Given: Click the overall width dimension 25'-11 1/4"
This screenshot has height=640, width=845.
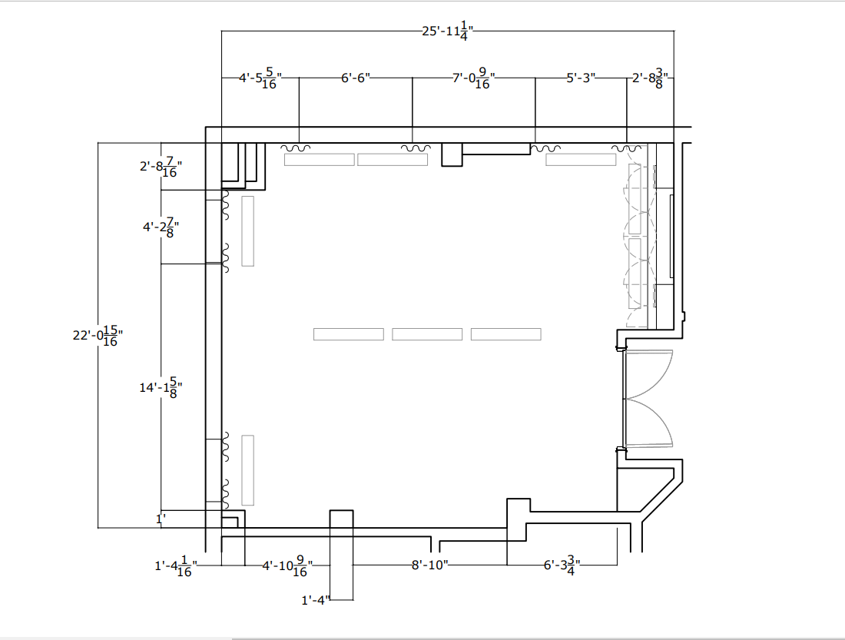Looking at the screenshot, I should click(x=446, y=32).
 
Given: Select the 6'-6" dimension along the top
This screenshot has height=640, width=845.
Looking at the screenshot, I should click(x=356, y=78).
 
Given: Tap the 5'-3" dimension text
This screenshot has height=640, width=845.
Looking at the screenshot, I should click(x=581, y=78).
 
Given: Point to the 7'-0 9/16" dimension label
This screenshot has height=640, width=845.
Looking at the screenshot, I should click(x=473, y=78).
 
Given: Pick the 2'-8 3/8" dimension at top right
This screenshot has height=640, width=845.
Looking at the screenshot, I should click(x=650, y=78).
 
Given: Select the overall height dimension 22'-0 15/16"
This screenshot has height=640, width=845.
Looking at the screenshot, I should click(x=98, y=336).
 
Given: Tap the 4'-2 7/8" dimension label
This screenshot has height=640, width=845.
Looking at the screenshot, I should click(x=160, y=227).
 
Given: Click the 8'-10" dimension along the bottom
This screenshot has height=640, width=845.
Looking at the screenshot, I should click(x=429, y=565).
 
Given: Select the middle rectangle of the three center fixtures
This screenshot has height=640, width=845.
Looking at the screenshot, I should click(x=427, y=334).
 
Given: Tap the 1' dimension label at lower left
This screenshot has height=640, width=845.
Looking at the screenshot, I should click(x=161, y=519).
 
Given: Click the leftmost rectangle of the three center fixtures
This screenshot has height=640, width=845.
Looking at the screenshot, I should click(x=349, y=334).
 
